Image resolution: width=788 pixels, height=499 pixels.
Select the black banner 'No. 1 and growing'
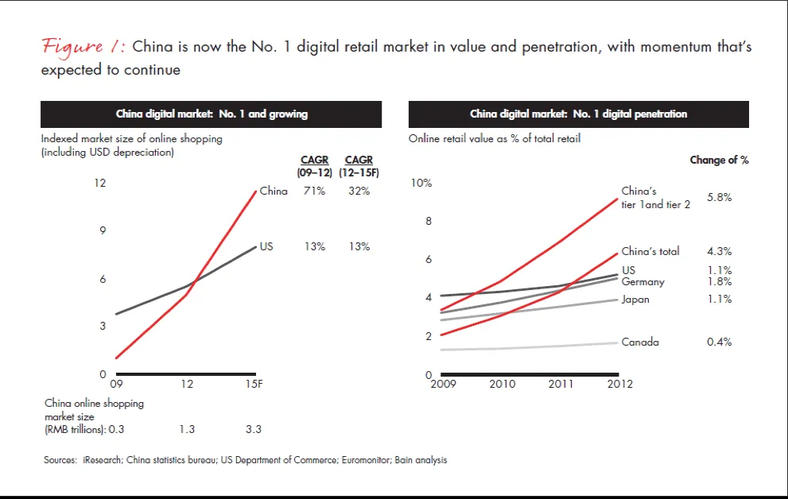[x=212, y=114]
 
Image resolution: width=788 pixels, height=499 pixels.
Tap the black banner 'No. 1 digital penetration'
[x=578, y=114]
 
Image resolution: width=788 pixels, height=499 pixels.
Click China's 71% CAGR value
[x=315, y=191]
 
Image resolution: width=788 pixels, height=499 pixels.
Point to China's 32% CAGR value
[x=359, y=191]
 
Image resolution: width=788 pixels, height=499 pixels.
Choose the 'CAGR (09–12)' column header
[x=315, y=165]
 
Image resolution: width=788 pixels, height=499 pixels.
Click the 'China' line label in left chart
[x=274, y=191]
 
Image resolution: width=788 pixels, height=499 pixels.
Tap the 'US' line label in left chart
[x=266, y=246]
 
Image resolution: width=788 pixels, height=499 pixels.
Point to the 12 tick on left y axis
[x=100, y=183]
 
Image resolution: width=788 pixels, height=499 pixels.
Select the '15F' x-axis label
[x=254, y=385]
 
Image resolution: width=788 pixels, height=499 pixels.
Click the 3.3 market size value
[x=254, y=430]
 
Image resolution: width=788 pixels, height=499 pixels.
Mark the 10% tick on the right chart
[x=421, y=183]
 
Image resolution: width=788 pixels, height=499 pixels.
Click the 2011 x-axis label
[x=561, y=385]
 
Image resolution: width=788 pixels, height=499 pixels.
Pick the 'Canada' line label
[x=640, y=342]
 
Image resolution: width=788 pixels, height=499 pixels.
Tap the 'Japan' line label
[x=635, y=300]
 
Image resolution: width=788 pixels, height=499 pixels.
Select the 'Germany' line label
[x=642, y=282]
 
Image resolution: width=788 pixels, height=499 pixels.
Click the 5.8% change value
[x=719, y=197]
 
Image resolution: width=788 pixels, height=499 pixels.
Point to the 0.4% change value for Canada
[x=719, y=342]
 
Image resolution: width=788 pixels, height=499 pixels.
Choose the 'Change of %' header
[x=719, y=161]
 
